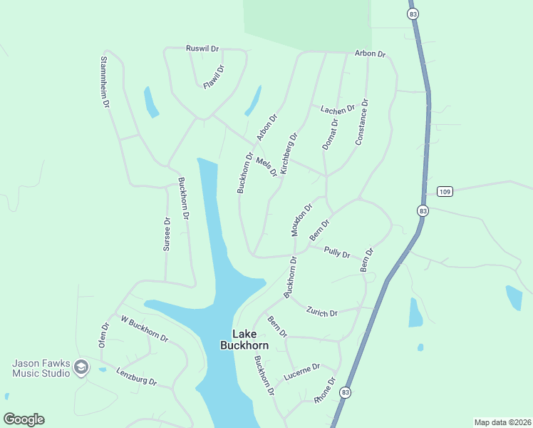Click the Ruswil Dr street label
point(202,49)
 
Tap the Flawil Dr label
point(214,77)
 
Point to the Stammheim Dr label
point(104,82)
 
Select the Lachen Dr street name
point(337,109)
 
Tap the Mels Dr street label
point(266,167)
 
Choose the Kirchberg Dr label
point(289,153)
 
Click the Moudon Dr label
point(301,220)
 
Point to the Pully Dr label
point(337,253)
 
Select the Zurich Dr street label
point(321,311)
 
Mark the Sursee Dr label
point(167,234)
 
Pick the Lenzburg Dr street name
point(135,377)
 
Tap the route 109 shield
point(445,191)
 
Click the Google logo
point(24,419)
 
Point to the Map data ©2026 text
point(502,422)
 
